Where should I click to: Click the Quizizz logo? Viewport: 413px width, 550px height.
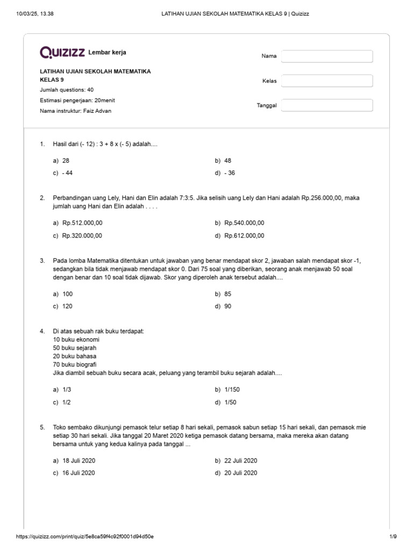[62, 52]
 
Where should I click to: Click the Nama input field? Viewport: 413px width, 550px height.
[327, 56]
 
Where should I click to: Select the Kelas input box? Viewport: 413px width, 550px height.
[327, 81]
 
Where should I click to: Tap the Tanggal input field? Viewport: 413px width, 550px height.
[327, 105]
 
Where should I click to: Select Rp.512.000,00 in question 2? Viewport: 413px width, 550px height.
[82, 223]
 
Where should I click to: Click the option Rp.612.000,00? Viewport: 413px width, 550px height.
[244, 235]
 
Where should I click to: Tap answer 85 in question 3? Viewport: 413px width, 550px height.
[228, 294]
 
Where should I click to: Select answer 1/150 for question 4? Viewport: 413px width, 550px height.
[231, 389]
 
